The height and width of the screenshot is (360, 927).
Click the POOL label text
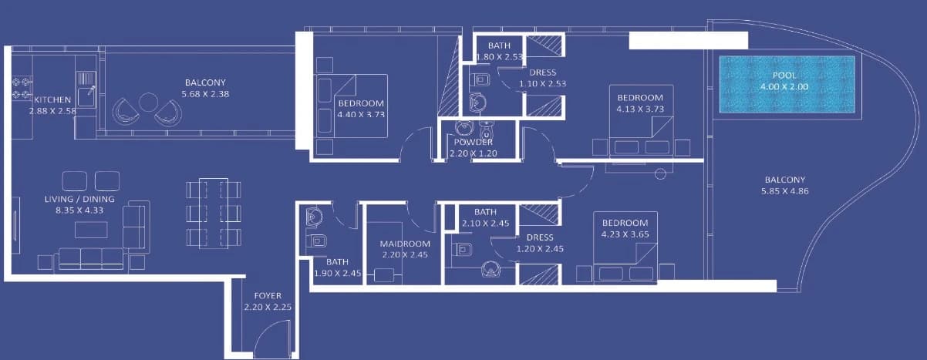pos(784,76)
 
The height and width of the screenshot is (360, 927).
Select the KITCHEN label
pos(52,99)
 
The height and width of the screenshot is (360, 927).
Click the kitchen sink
pos(86,96)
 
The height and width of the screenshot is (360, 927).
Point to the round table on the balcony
pos(148,102)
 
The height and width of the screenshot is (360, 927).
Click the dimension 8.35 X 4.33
pos(79,210)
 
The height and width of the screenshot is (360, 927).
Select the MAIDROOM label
pos(405,244)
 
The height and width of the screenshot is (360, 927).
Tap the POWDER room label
pos(473,142)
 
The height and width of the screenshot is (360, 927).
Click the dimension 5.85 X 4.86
pos(784,191)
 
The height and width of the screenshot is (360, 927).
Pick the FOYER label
pos(268,296)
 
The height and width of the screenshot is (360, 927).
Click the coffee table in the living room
pos(91,230)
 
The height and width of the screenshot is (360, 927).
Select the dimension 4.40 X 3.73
pos(361,114)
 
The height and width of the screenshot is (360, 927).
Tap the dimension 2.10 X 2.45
pos(485,224)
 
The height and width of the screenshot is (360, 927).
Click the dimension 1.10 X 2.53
pos(542,83)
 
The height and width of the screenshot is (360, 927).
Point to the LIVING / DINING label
pos(79,199)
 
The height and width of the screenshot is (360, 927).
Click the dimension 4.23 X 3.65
pos(625,234)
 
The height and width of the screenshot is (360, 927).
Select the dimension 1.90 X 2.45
pos(337,273)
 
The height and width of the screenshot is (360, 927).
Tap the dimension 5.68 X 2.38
pos(205,94)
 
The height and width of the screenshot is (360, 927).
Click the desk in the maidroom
pos(384,275)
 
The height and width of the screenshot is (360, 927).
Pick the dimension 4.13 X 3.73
pos(640,109)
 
